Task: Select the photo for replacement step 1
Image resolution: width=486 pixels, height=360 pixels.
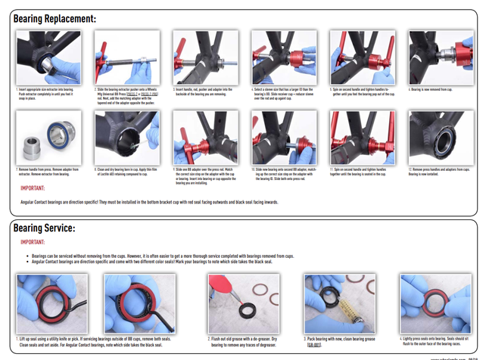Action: point(44,57)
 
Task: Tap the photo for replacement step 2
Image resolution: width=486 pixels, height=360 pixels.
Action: point(122,57)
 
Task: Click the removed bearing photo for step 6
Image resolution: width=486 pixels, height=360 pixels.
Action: point(435,57)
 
